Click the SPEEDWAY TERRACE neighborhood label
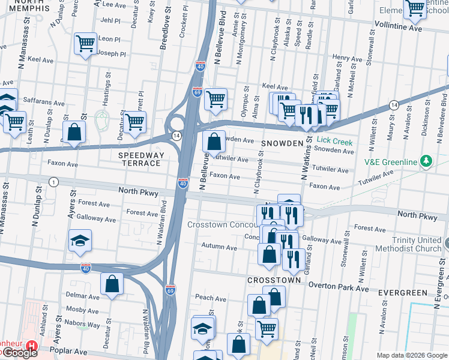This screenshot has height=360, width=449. tap(140, 159)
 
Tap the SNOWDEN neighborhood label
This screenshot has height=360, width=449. tap(282, 143)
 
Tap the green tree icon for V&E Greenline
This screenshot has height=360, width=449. tap(426, 161)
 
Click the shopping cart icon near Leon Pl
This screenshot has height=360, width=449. tap(85, 43)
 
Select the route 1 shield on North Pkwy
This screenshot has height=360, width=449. tap(55, 182)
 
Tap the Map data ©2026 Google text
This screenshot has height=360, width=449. tap(411, 355)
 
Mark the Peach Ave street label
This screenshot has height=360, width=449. tap(210, 298)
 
